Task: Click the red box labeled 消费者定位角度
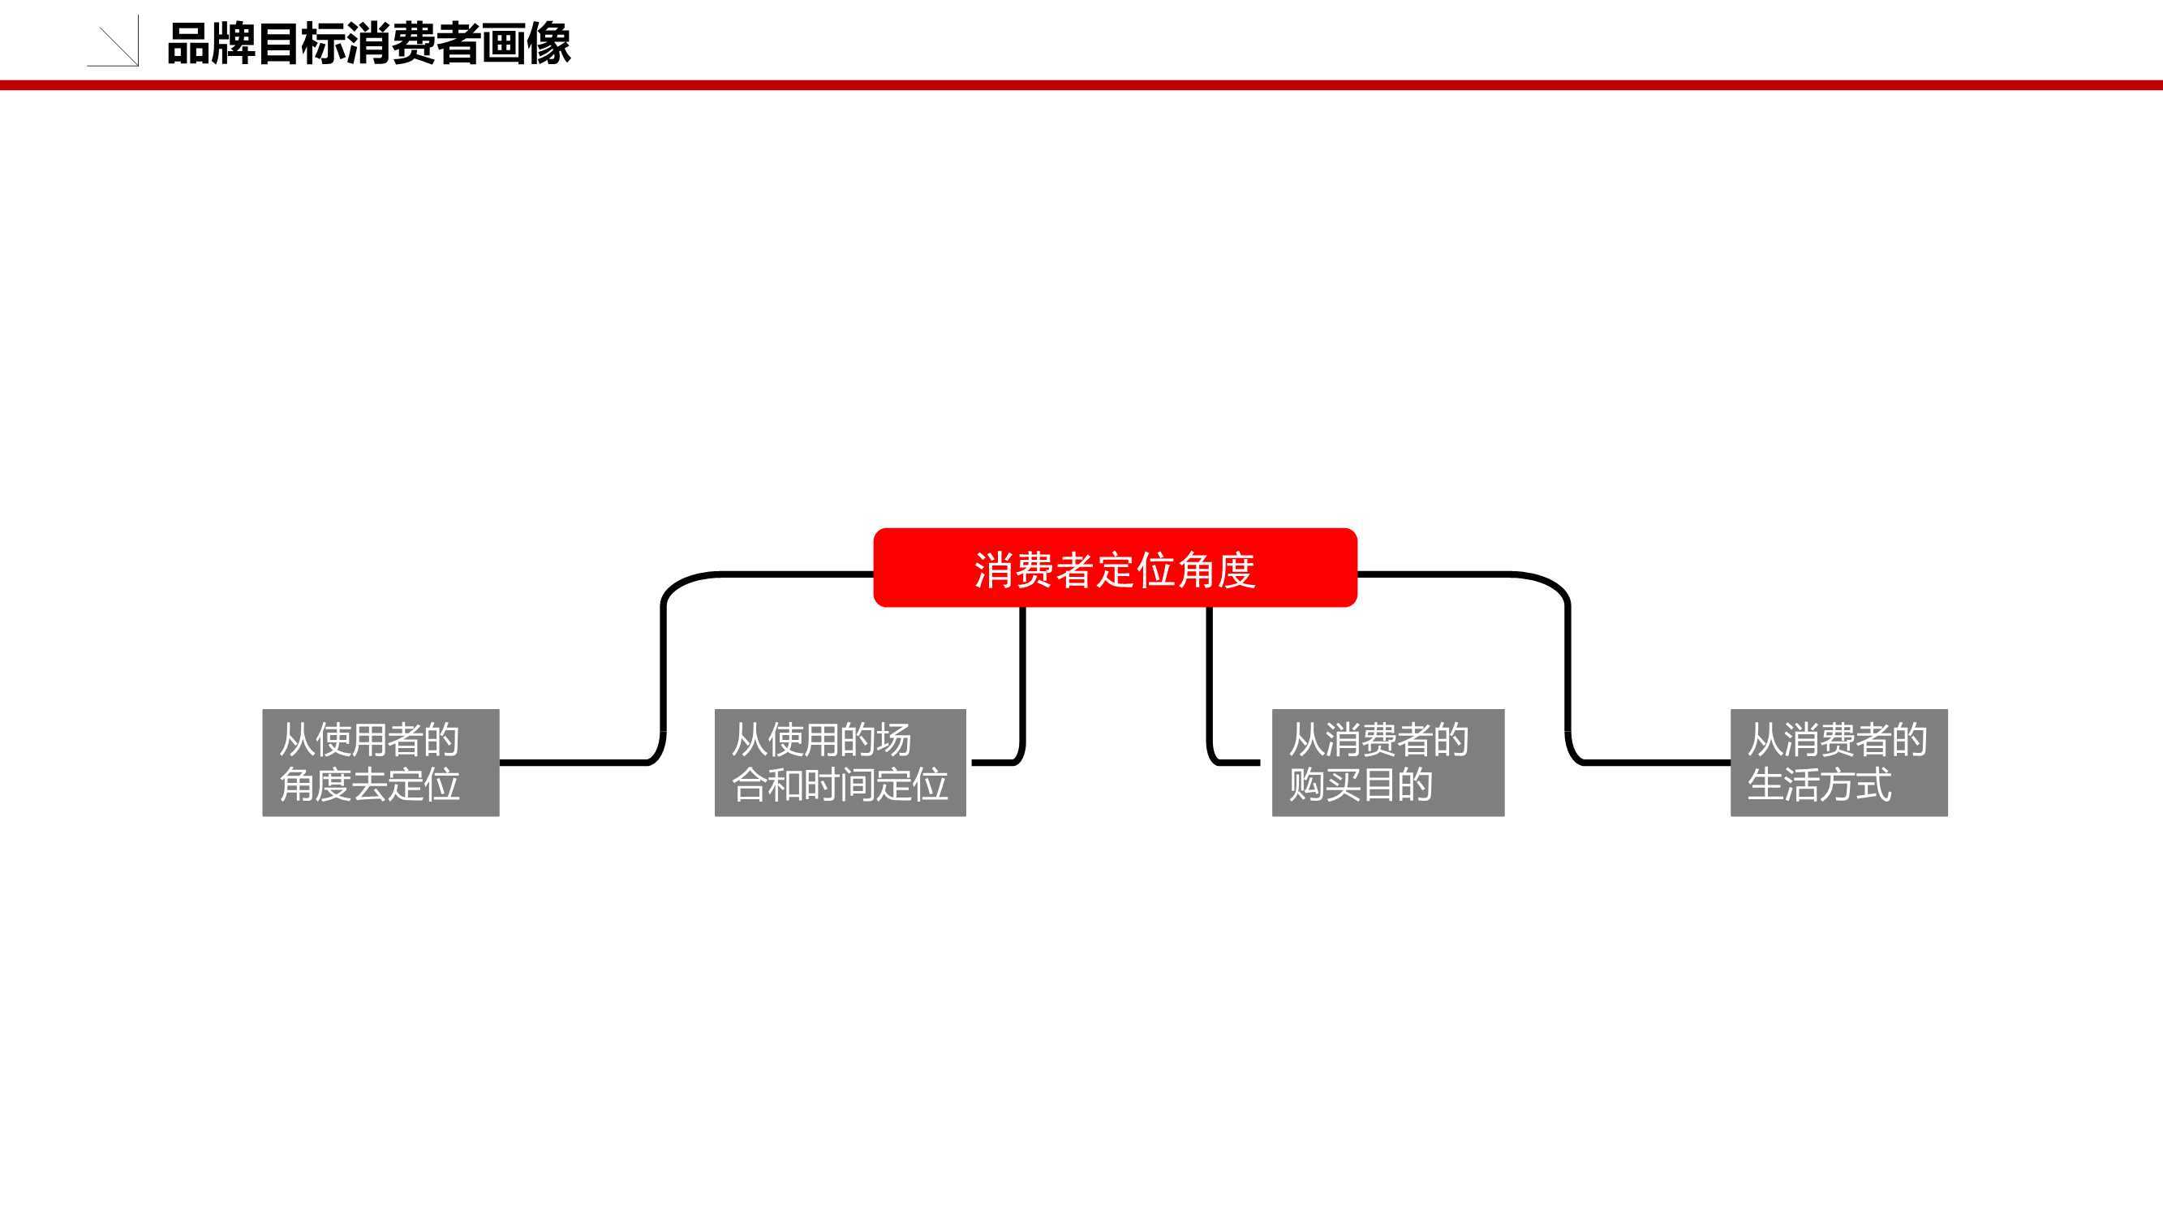pos(1115,568)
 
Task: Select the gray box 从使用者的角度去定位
pos(381,763)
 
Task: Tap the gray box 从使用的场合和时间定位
pos(840,763)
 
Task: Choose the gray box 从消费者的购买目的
pos(1388,763)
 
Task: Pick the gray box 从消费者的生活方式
pos(1839,763)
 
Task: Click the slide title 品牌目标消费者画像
pos(369,44)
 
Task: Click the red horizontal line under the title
pos(1081,85)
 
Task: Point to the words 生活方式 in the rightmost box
pos(1820,785)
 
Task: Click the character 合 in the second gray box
pos(749,785)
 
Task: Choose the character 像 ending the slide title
pos(550,44)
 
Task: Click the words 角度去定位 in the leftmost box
pos(369,785)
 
